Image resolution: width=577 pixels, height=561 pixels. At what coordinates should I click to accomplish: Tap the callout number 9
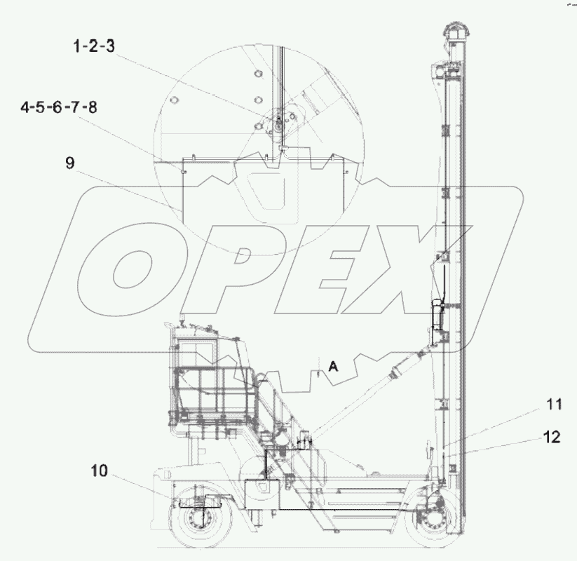tap(69, 163)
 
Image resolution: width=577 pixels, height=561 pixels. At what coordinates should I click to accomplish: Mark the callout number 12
tap(551, 437)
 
